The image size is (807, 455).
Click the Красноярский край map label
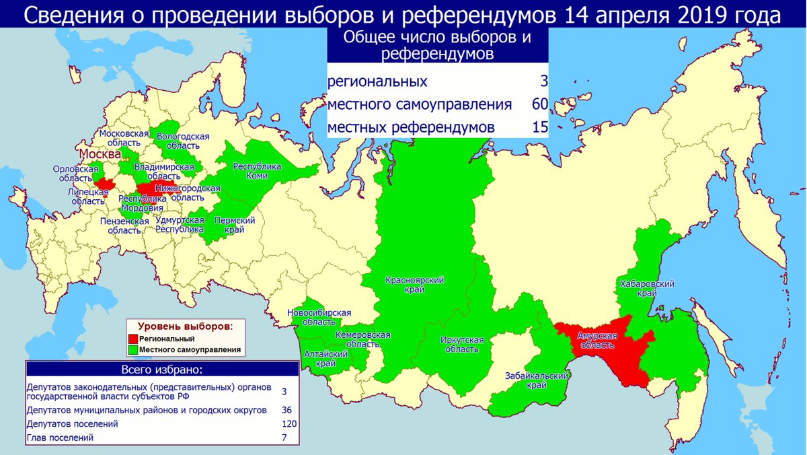point(414,285)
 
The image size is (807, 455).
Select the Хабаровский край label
point(646,289)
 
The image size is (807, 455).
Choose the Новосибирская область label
point(319,318)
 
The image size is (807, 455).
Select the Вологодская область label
point(183,141)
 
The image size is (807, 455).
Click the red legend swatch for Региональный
point(134,339)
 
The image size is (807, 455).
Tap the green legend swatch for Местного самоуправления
point(134,349)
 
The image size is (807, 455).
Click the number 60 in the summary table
point(539,104)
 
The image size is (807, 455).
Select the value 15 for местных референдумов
point(539,127)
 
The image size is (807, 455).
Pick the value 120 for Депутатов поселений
point(289,424)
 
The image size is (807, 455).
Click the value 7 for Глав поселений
point(284,438)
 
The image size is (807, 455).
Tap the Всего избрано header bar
point(161,370)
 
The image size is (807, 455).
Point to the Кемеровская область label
point(363,339)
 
